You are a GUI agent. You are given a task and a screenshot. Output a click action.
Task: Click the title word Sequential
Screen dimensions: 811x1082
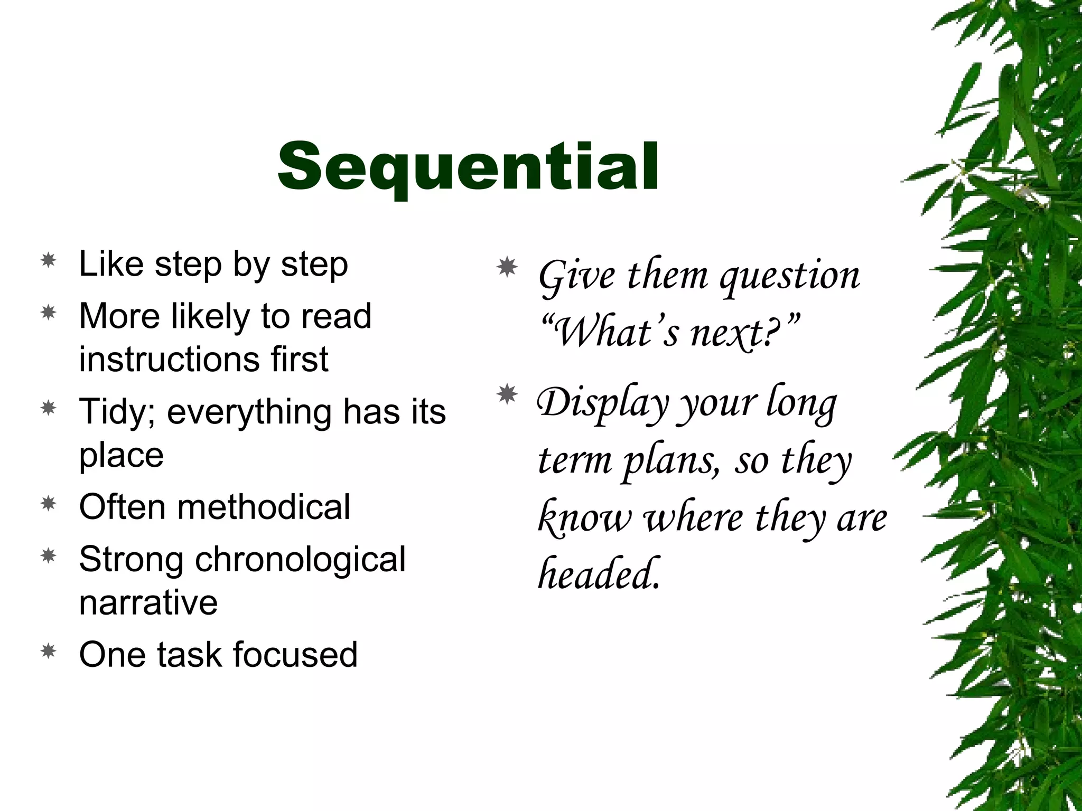click(468, 166)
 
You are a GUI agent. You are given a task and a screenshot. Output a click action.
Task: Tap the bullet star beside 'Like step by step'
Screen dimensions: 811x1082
click(49, 260)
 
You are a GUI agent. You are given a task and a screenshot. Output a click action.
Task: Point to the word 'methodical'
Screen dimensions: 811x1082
click(263, 507)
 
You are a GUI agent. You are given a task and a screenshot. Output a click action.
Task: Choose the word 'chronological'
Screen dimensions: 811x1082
click(300, 559)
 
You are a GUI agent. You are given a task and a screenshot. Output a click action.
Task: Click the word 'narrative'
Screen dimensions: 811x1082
click(148, 602)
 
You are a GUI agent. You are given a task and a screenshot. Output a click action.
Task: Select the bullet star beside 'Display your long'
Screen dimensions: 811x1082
click(507, 394)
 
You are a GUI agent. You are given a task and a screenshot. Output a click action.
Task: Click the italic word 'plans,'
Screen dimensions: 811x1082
click(671, 460)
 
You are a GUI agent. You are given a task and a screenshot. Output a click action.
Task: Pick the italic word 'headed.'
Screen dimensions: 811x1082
click(599, 573)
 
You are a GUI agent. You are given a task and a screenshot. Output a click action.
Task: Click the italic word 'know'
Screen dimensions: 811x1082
click(584, 517)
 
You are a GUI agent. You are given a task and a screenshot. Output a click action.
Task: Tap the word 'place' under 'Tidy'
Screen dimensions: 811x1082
click(122, 455)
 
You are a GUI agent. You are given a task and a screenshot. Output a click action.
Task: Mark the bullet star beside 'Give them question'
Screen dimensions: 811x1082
click(507, 268)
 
